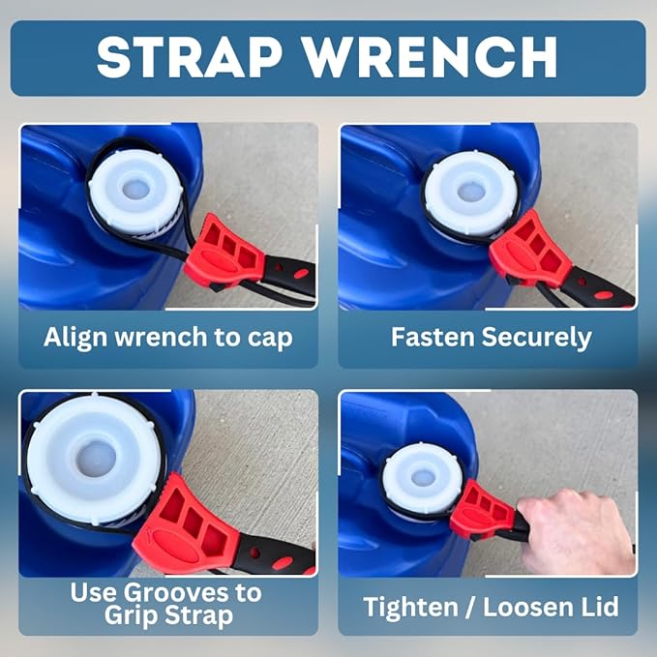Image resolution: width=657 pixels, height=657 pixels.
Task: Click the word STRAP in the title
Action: (x=190, y=57)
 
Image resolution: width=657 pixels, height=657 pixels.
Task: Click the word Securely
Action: (x=537, y=338)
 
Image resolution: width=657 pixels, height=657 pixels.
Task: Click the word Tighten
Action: (x=410, y=608)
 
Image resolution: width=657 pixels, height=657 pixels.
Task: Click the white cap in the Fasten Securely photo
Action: (x=471, y=194)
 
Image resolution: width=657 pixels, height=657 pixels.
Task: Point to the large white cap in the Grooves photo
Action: (x=96, y=459)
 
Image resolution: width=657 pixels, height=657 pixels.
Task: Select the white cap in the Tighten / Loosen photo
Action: (x=423, y=478)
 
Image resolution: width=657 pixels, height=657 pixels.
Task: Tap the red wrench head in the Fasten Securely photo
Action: (x=530, y=250)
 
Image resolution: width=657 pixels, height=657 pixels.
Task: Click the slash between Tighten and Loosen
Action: (x=470, y=607)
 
